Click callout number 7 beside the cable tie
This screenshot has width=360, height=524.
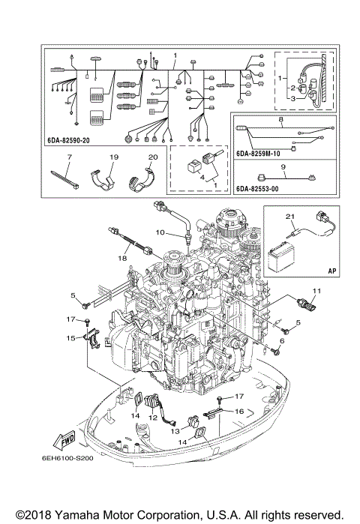pos(68,159)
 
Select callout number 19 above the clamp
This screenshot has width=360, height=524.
pos(115,159)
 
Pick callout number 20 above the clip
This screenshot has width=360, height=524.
pos(153,159)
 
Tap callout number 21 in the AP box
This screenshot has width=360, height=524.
pos(288,216)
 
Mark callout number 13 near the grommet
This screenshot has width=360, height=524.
pos(173,431)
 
